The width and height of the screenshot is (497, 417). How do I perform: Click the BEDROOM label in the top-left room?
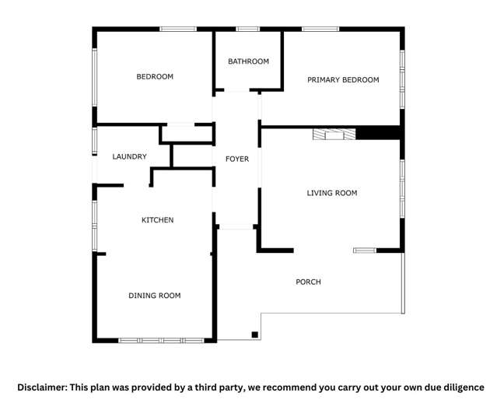coord(155,77)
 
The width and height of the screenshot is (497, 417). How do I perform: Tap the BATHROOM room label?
coord(248,61)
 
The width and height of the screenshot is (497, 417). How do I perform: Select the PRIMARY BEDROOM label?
coord(343,80)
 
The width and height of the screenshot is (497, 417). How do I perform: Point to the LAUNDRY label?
coord(129,157)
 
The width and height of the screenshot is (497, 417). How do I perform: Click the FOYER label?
coord(237,159)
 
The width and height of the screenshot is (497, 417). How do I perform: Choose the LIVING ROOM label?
coord(332,193)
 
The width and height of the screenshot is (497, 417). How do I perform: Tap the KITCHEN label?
coord(157,221)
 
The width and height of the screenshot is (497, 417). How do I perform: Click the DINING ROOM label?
coord(154,296)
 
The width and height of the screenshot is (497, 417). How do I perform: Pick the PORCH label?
coord(308,282)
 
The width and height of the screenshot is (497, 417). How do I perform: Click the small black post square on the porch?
coord(255,335)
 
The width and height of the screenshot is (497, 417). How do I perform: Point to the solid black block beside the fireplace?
coord(377,134)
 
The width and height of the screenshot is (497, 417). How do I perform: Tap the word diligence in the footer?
coord(463,387)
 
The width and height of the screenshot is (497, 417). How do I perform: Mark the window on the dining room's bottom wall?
coord(161,340)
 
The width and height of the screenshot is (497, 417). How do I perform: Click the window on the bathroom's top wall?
coord(248,30)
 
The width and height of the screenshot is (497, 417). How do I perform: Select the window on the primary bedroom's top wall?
coord(320,30)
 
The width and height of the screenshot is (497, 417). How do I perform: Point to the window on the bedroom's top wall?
coord(178,30)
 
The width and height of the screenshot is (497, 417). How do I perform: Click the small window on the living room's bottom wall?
coord(364,251)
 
